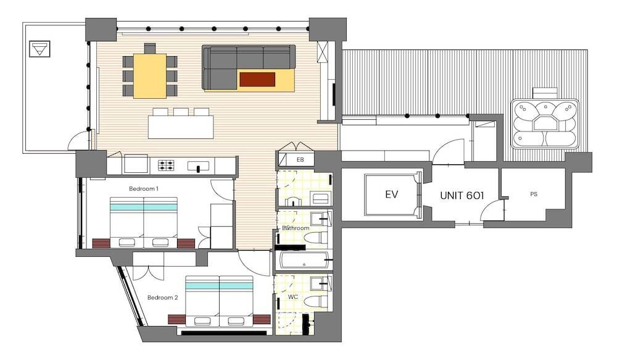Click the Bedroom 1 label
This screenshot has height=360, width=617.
144,189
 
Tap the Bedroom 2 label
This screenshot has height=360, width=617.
162,298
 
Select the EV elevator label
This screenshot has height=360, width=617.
391,194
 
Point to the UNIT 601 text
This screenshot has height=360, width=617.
462,195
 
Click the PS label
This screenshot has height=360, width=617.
534,194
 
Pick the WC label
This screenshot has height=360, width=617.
292,297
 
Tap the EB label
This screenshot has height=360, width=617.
300,160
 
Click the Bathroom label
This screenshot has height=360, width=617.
296,228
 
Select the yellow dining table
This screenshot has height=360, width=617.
149,75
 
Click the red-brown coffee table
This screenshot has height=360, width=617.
257,79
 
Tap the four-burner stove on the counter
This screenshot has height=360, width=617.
167,165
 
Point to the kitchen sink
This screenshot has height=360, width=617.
199,166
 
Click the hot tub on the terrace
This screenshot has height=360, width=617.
545,123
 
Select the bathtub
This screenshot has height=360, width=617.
305,261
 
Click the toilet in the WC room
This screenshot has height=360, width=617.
318,301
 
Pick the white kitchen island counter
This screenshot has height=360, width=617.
181,127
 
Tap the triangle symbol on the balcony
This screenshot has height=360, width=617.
39,49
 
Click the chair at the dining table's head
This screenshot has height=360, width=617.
149,48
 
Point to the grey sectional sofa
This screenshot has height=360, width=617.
248,67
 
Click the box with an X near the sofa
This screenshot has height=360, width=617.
322,52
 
